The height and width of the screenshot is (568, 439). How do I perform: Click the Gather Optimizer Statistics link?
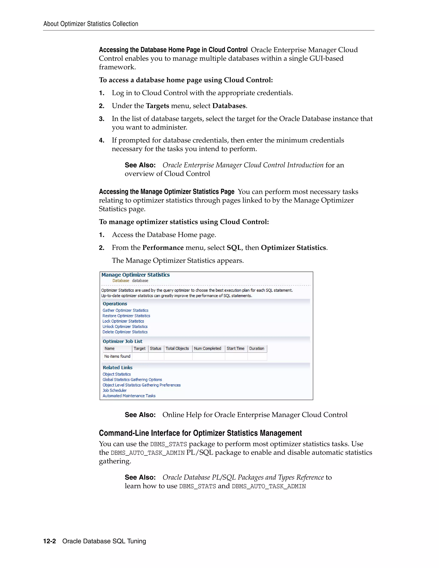click(125, 310)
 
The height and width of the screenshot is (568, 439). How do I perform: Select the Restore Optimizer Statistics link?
click(126, 316)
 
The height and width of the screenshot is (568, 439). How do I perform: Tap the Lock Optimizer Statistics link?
click(123, 321)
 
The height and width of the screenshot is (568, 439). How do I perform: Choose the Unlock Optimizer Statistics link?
click(125, 326)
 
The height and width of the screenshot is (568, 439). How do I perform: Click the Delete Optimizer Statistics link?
click(125, 332)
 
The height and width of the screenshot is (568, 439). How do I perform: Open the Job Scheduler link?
click(114, 390)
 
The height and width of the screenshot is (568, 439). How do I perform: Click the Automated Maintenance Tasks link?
click(129, 396)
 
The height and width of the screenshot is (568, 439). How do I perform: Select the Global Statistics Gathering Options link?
click(132, 380)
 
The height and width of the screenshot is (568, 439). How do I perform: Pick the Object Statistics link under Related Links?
click(117, 374)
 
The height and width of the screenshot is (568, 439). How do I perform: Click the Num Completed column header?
click(207, 349)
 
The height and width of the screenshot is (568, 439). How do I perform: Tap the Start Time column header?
click(235, 349)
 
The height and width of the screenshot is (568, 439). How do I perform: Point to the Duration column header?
click(256, 349)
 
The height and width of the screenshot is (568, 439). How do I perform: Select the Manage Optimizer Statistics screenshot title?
click(135, 275)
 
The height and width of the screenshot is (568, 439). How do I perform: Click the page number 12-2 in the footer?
click(50, 541)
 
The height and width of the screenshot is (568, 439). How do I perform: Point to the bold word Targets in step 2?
click(157, 106)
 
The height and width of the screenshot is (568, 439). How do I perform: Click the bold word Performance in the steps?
click(163, 248)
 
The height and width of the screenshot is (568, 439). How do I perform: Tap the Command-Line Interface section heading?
click(200, 433)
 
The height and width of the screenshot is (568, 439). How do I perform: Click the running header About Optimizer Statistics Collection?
click(91, 24)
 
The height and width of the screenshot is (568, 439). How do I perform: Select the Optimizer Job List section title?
click(122, 341)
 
